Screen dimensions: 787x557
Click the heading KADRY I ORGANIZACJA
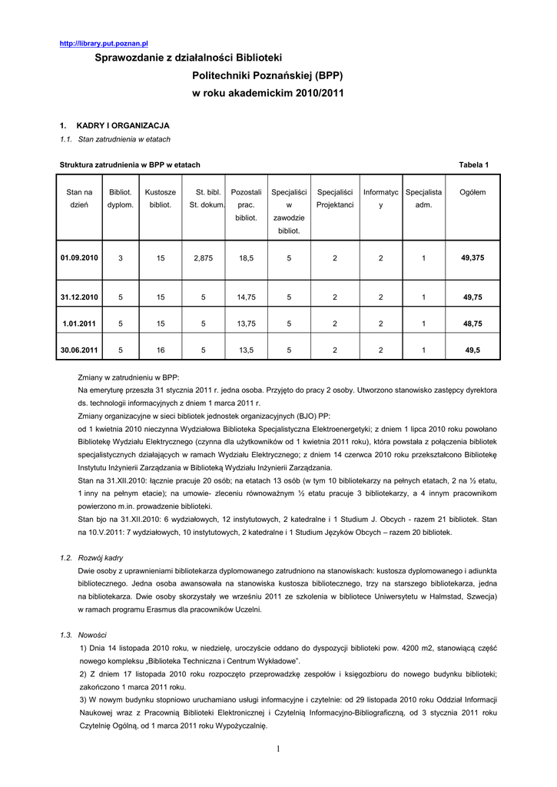(123, 125)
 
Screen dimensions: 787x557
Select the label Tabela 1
(473, 164)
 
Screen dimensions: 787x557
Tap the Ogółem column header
(472, 192)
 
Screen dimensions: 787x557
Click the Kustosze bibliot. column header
(161, 198)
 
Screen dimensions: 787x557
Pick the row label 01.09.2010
(80, 258)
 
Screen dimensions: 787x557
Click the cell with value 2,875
(204, 258)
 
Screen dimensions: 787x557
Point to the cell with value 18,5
(246, 258)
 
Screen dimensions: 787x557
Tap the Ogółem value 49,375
(472, 258)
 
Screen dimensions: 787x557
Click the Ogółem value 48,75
(472, 324)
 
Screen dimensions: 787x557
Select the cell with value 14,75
(246, 297)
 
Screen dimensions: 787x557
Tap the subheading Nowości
(93, 635)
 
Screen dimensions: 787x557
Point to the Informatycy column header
(380, 198)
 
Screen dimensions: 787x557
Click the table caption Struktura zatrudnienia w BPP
(130, 164)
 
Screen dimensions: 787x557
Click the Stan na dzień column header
(79, 198)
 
